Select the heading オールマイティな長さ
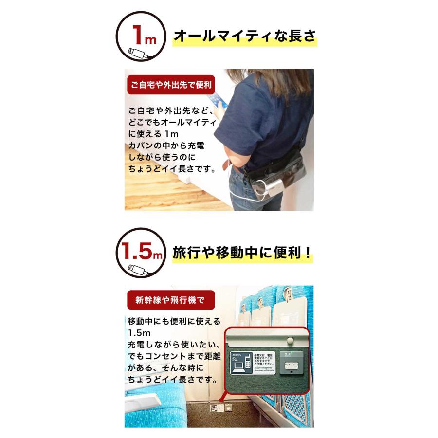(245, 36)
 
